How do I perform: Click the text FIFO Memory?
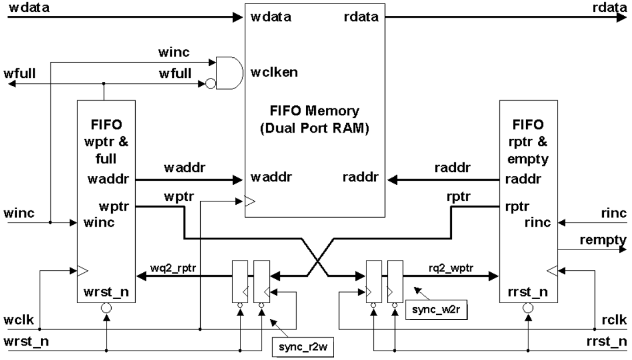313,111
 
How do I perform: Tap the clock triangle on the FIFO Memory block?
249,202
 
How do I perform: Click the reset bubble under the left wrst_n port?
107,307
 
